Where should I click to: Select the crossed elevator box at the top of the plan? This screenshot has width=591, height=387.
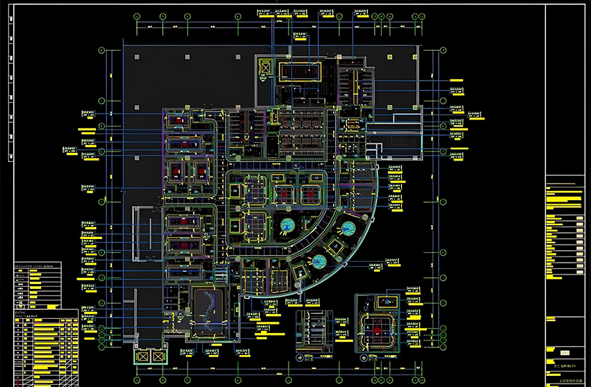pyautogui.click(x=264, y=67)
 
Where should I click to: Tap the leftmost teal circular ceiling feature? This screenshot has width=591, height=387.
pyautogui.click(x=287, y=225)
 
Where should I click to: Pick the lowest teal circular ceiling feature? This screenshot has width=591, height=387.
pyautogui.click(x=319, y=261)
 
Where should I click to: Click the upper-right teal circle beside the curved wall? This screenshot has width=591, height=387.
pyautogui.click(x=345, y=227)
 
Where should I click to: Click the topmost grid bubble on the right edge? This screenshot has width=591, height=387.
pyautogui.click(x=442, y=50)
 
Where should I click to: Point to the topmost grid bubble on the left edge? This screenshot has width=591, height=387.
pyautogui.click(x=102, y=50)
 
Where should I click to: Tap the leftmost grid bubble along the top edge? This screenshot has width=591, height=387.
pyautogui.click(x=136, y=15)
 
